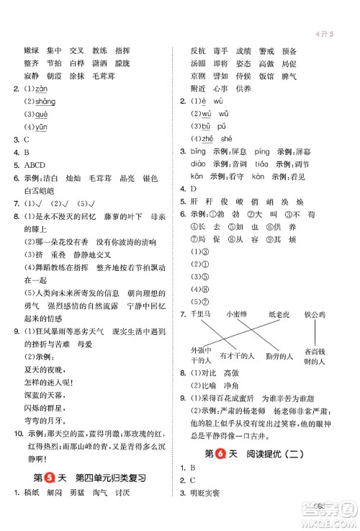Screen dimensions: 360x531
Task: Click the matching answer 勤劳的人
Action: click(279, 356)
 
